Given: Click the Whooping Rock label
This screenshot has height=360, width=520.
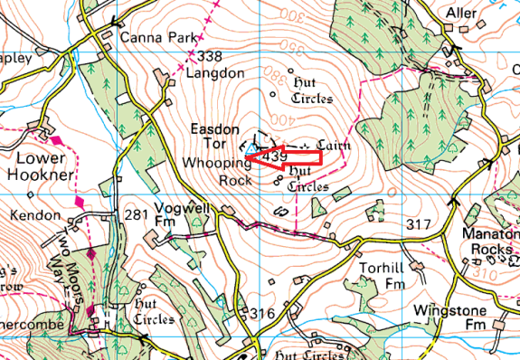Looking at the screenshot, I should click(x=217, y=171).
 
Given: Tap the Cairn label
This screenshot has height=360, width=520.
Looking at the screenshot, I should click(x=333, y=144).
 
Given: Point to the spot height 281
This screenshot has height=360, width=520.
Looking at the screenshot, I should click(x=136, y=214).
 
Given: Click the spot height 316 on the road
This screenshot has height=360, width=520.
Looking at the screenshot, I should click(x=262, y=313).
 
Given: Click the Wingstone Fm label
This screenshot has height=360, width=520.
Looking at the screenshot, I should click(x=449, y=317).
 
